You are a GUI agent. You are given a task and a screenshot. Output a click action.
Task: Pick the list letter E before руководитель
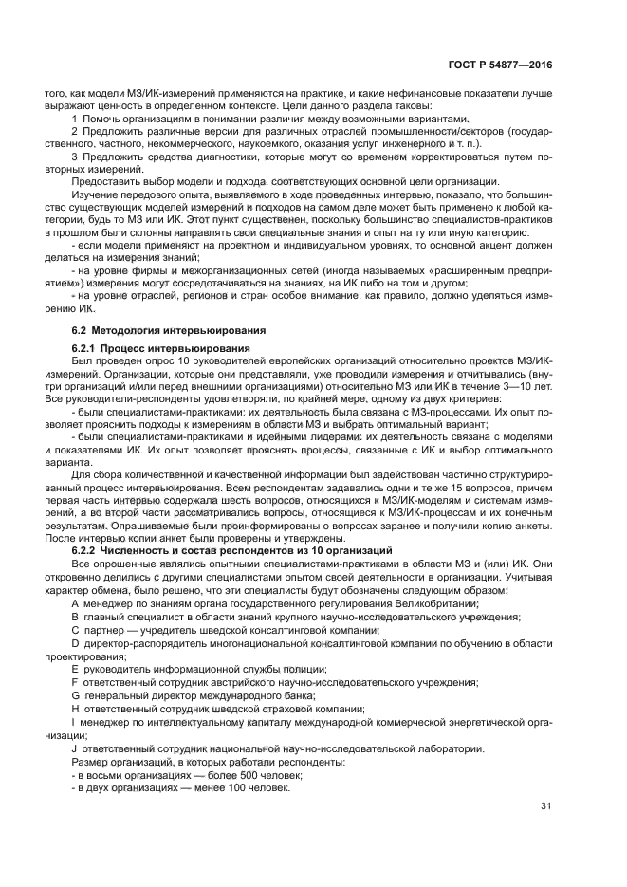pyautogui.click(x=75, y=670)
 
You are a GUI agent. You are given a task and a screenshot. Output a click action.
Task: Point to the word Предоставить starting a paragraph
pyautogui.click(x=107, y=182)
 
